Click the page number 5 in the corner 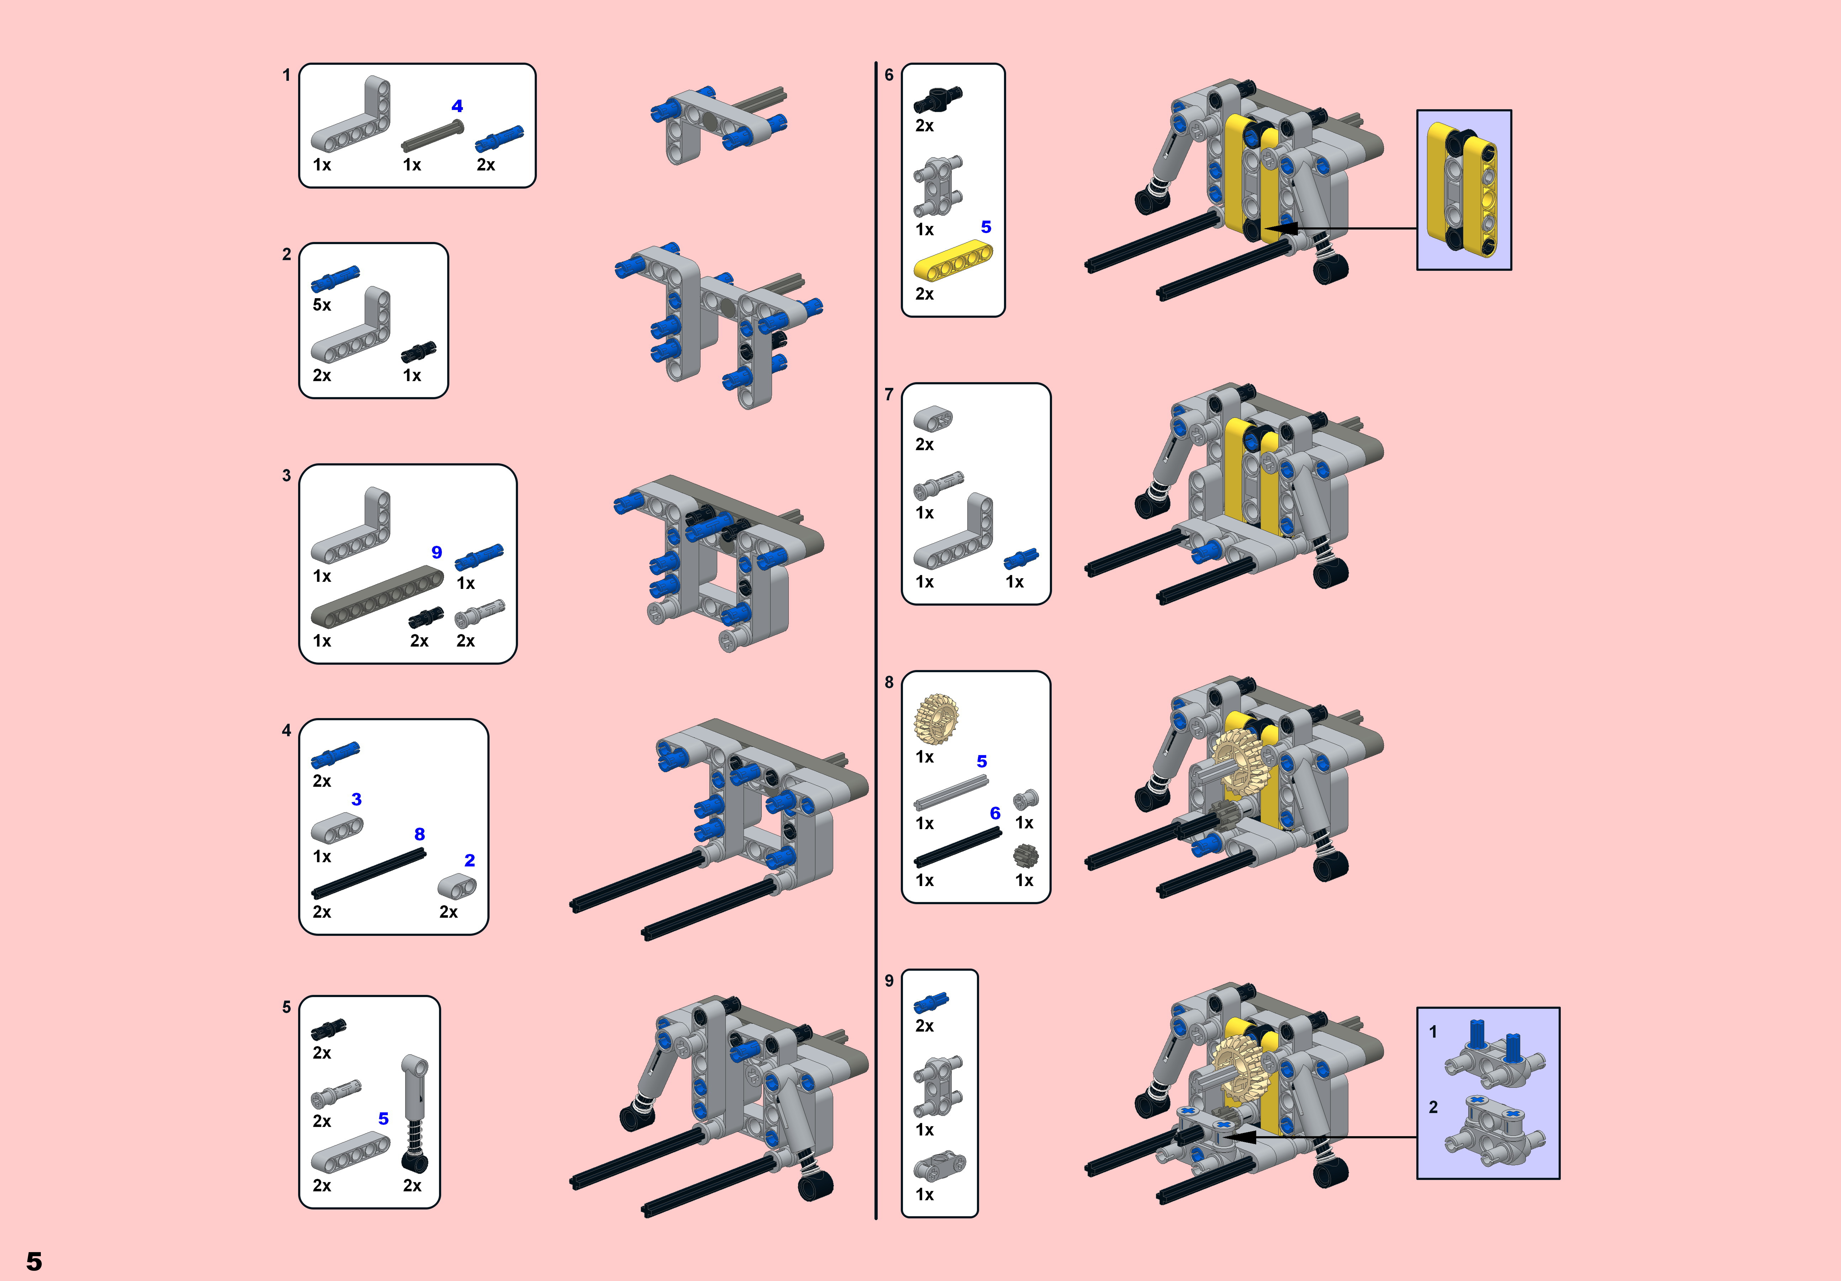point(34,1261)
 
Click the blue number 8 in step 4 point(419,834)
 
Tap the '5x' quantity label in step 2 point(322,305)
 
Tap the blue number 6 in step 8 point(995,813)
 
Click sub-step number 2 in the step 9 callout point(1433,1107)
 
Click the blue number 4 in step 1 point(457,106)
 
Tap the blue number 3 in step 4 point(357,799)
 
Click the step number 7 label point(888,395)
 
